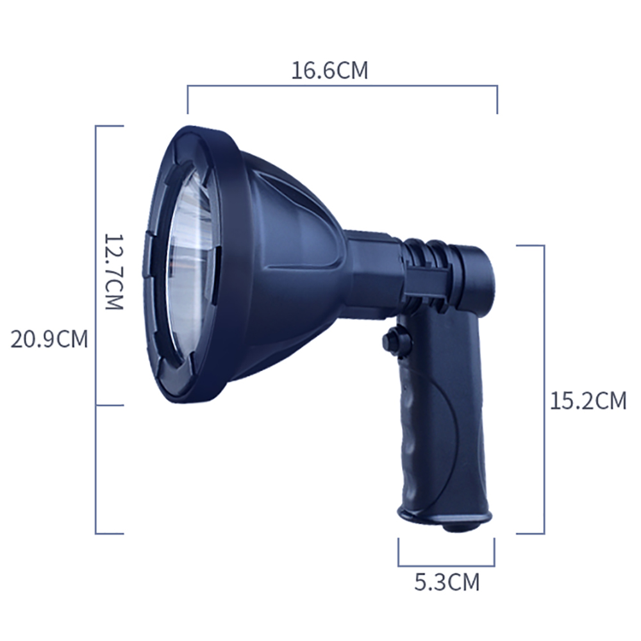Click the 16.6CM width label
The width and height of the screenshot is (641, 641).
tap(330, 70)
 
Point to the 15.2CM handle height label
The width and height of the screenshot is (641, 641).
tap(588, 401)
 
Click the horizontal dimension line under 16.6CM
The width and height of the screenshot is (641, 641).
tap(342, 85)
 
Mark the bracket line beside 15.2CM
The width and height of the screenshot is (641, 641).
tap(544, 388)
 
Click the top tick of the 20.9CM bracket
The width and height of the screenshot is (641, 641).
tap(109, 126)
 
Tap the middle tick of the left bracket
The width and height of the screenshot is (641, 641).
tap(109, 404)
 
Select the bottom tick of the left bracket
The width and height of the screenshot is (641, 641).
tap(109, 533)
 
